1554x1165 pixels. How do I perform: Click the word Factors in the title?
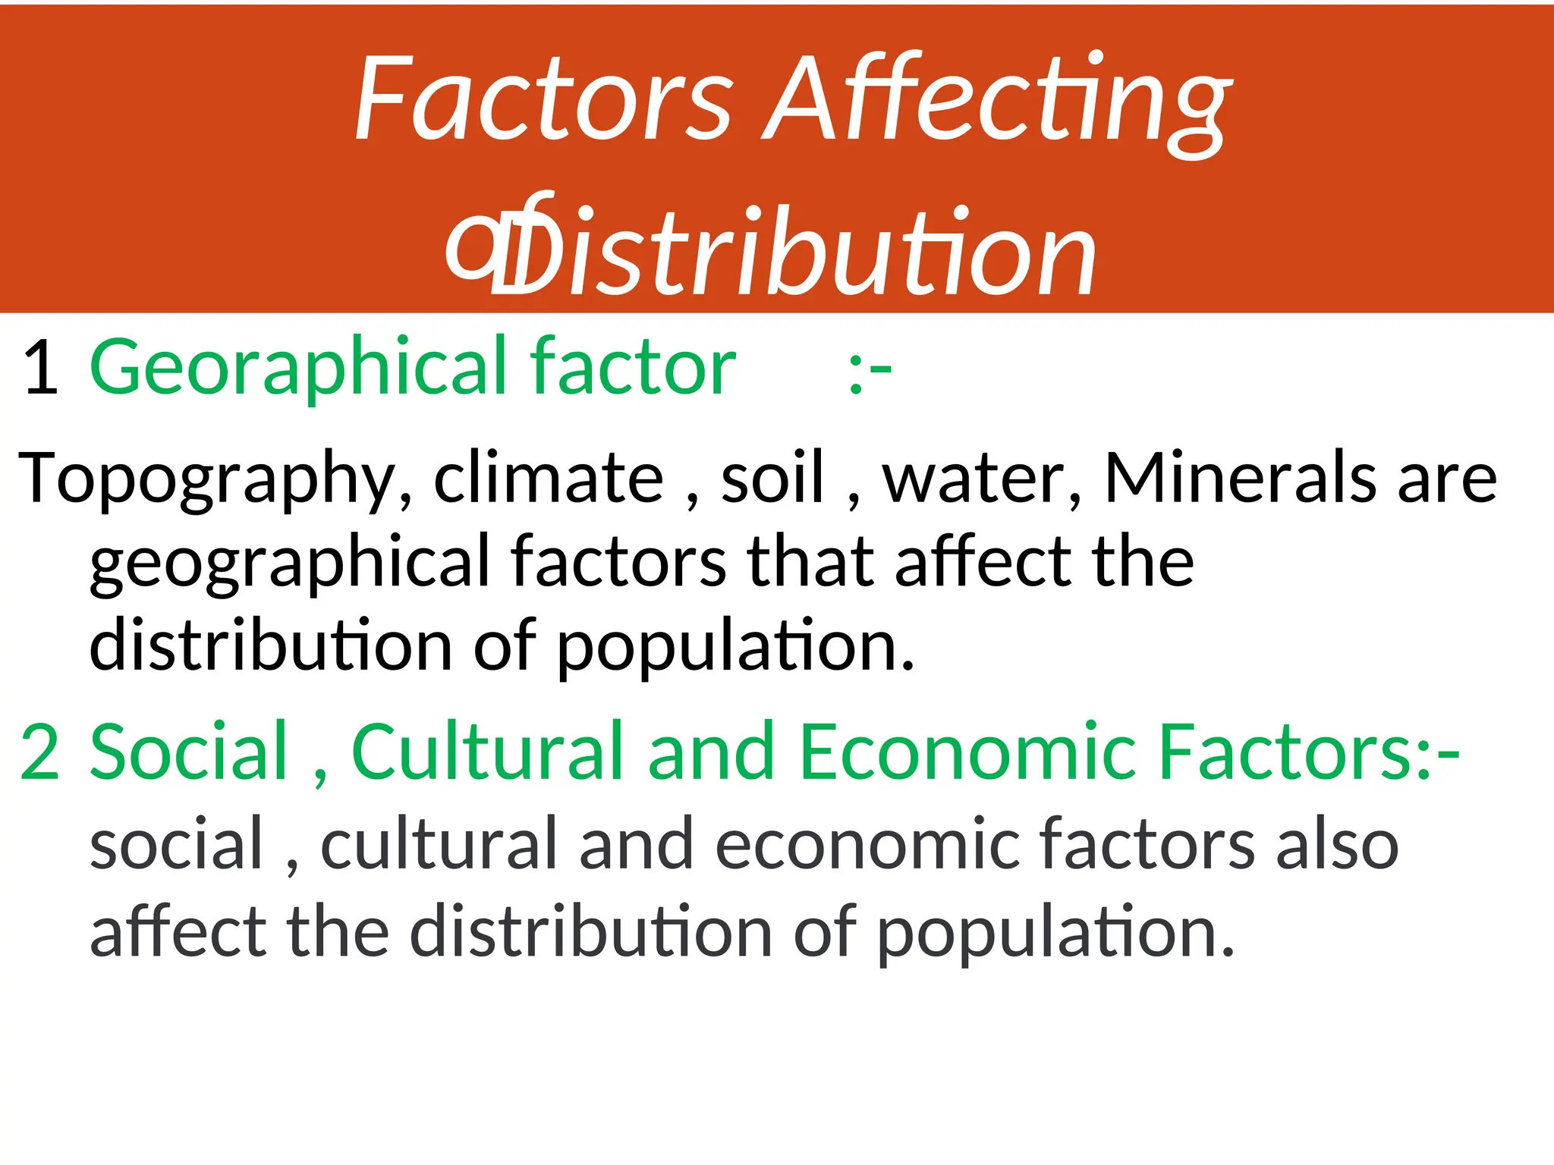tap(543, 99)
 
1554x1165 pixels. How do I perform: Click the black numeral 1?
tap(41, 369)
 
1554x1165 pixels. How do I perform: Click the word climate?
tap(548, 478)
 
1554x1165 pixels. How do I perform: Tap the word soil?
tap(772, 478)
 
